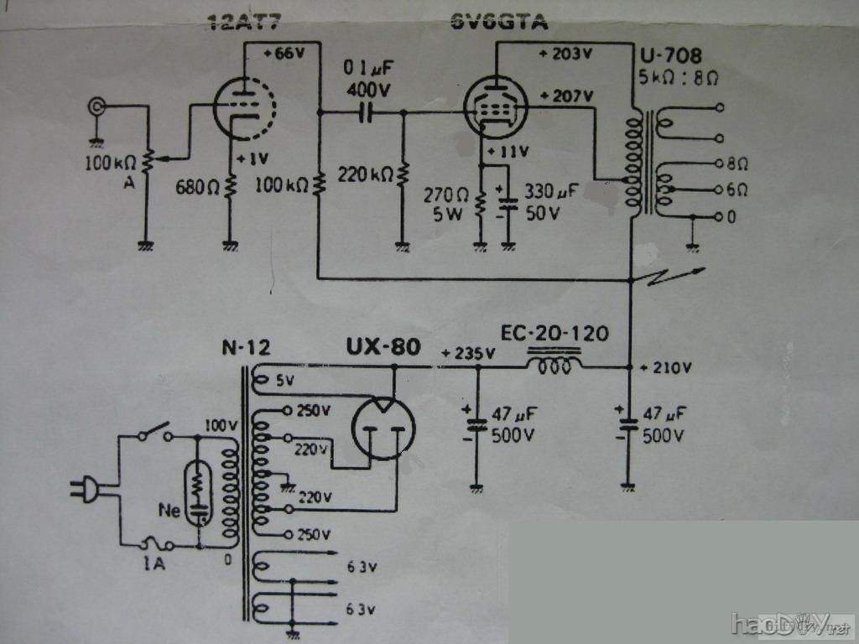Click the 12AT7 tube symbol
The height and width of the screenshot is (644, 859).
click(x=246, y=107)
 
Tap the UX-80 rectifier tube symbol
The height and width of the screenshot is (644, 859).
click(x=383, y=428)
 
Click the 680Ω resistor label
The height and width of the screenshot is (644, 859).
click(x=196, y=188)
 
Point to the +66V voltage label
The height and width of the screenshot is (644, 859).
click(x=284, y=53)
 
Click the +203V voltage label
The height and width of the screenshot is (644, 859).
click(x=565, y=55)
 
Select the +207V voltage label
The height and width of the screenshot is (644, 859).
click(x=565, y=96)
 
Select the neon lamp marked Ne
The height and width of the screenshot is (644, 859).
click(x=198, y=491)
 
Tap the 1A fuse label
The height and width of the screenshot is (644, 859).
click(x=153, y=563)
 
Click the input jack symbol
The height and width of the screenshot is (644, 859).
click(x=98, y=106)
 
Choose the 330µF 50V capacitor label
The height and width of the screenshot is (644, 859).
click(x=549, y=201)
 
